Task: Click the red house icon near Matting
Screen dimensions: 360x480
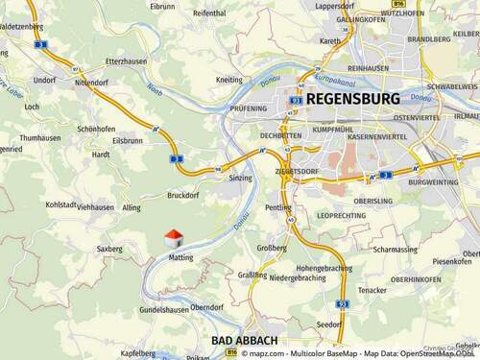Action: tap(173, 236)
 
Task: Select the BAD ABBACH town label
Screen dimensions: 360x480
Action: tap(245, 341)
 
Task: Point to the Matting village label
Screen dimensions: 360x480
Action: tap(180, 257)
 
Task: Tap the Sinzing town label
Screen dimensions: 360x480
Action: tap(240, 179)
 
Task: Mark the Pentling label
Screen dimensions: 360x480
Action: tap(278, 207)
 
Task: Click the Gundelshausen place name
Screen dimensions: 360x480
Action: tap(164, 310)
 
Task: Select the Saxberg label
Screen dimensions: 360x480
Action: tap(109, 249)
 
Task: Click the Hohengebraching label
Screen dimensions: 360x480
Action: tap(324, 268)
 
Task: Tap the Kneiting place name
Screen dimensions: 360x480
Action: tap(229, 80)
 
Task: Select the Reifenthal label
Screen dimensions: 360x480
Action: tap(209, 13)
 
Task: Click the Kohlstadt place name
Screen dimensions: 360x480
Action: tap(61, 204)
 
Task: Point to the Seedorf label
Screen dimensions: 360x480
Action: tap(329, 324)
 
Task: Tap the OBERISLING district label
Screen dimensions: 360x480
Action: tap(373, 201)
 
